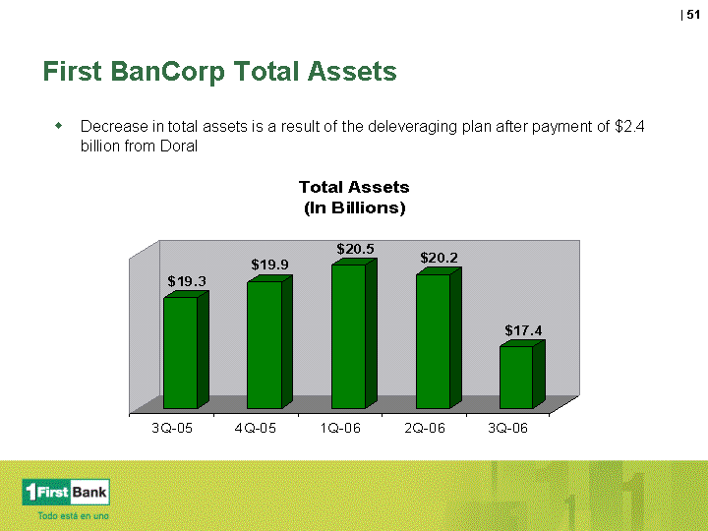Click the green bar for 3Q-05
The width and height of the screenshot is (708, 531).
(186, 350)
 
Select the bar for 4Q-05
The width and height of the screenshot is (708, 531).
(269, 342)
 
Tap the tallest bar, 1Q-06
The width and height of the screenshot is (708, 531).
(354, 333)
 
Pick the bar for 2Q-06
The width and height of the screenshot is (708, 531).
(439, 338)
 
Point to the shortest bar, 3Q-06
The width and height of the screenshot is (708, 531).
(522, 375)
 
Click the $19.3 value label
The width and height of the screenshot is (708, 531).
(187, 281)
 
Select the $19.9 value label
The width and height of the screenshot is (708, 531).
(270, 265)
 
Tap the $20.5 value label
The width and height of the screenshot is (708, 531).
(355, 249)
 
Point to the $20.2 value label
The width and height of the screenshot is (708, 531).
(439, 258)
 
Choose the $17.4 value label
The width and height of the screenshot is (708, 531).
(523, 330)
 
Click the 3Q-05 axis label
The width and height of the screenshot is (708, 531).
(172, 428)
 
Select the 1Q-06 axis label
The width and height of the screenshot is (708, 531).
(340, 428)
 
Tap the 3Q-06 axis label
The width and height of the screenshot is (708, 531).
(508, 428)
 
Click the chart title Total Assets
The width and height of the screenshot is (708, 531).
(354, 187)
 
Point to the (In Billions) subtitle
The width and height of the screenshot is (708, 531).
(354, 207)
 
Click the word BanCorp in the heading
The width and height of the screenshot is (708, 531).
(167, 72)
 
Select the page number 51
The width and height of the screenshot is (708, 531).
(693, 15)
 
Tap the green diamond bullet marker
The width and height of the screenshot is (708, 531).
(59, 125)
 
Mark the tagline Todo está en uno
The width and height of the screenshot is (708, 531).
(73, 515)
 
